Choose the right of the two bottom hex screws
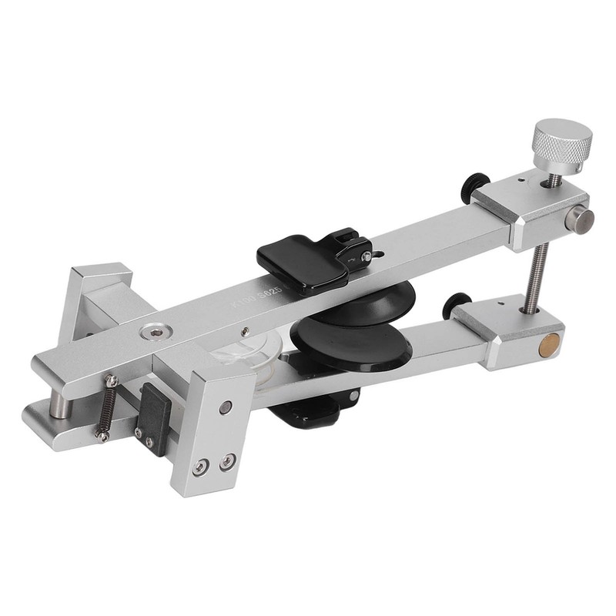click(x=227, y=460)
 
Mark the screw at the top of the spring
click(x=112, y=380)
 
